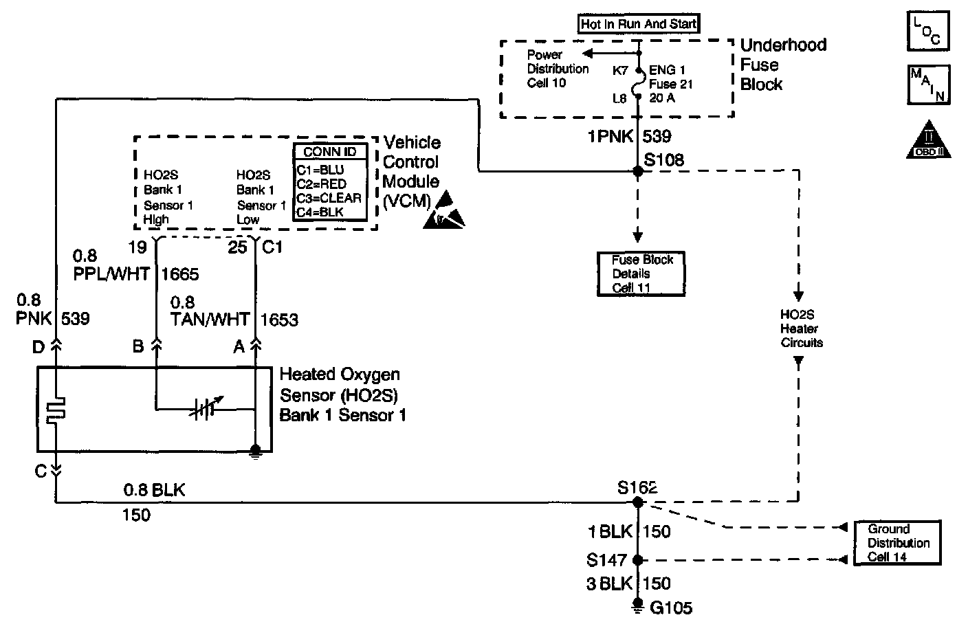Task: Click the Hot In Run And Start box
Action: click(638, 24)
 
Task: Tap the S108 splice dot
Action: click(637, 172)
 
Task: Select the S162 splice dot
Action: click(637, 502)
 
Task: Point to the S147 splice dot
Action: click(637, 559)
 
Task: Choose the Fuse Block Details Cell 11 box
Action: click(641, 274)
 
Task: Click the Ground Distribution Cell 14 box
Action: click(896, 543)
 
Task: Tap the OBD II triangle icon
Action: click(928, 142)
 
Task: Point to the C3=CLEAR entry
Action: click(328, 198)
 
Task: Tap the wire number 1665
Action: click(180, 275)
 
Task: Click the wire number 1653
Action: click(279, 320)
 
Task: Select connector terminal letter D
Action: click(38, 346)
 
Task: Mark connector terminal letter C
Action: click(40, 471)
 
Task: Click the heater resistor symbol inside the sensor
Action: click(54, 411)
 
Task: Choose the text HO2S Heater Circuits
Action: click(801, 328)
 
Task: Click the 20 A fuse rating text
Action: click(662, 98)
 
